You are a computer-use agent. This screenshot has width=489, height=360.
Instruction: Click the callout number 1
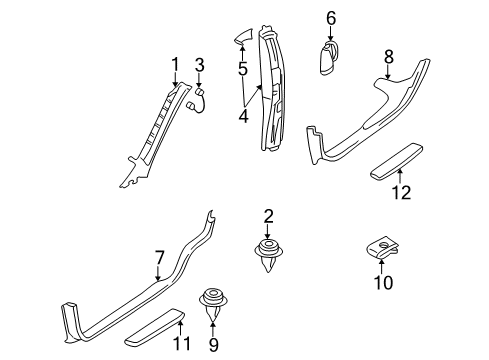pyautogui.click(x=175, y=65)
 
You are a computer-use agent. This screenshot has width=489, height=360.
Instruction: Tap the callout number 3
pyautogui.click(x=199, y=65)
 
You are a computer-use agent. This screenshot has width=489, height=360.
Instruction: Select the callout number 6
pyautogui.click(x=331, y=18)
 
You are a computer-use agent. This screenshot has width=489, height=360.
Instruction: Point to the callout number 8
pyautogui.click(x=389, y=57)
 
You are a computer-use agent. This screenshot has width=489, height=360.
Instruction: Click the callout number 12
pyautogui.click(x=401, y=192)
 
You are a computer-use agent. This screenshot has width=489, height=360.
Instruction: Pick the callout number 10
pyautogui.click(x=383, y=282)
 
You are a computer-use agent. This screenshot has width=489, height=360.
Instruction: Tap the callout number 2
pyautogui.click(x=268, y=216)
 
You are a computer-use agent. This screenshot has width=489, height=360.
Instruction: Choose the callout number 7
pyautogui.click(x=159, y=258)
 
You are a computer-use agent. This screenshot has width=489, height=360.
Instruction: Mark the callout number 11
pyautogui.click(x=182, y=344)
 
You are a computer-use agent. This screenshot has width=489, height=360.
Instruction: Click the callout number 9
pyautogui.click(x=213, y=345)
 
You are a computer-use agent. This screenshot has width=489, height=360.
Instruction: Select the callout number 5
pyautogui.click(x=243, y=69)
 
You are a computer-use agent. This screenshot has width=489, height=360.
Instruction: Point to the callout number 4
pyautogui.click(x=244, y=116)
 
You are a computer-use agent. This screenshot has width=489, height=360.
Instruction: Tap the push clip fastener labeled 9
pyautogui.click(x=213, y=303)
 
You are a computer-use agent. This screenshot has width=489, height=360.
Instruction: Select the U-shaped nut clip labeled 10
pyautogui.click(x=383, y=248)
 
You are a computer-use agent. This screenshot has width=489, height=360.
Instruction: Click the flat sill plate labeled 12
pyautogui.click(x=396, y=161)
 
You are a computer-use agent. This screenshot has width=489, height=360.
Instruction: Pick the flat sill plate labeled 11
pyautogui.click(x=154, y=328)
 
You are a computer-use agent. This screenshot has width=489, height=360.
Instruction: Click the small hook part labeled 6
pyautogui.click(x=328, y=57)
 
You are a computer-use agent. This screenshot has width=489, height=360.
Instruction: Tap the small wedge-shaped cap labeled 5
pyautogui.click(x=243, y=36)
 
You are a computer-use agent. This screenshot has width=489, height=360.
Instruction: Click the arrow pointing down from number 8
pyautogui.click(x=388, y=72)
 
